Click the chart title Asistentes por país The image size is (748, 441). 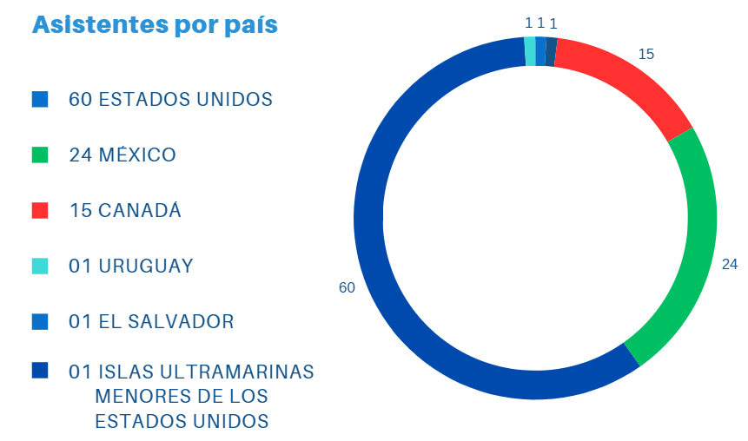tap(155, 25)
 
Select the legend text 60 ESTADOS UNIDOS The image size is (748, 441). tap(170, 99)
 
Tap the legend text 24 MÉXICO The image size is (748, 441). tap(122, 155)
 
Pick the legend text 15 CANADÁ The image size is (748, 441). tap(125, 211)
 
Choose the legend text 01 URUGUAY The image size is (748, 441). tap(131, 267)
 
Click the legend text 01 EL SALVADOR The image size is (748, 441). tap(151, 322)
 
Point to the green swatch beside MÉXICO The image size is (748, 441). tap(40, 155)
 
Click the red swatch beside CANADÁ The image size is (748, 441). tap(40, 211)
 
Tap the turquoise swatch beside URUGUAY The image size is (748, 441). tap(40, 267)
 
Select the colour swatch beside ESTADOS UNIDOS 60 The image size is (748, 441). tap(40, 99)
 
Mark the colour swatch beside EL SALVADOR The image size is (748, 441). tap(40, 322)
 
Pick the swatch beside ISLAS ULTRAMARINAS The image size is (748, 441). tap(40, 371)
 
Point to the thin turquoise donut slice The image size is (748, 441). tap(530, 51)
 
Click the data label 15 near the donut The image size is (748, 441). tap(646, 54)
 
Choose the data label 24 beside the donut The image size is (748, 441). tap(730, 264)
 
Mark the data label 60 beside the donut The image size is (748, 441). tap(347, 287)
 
